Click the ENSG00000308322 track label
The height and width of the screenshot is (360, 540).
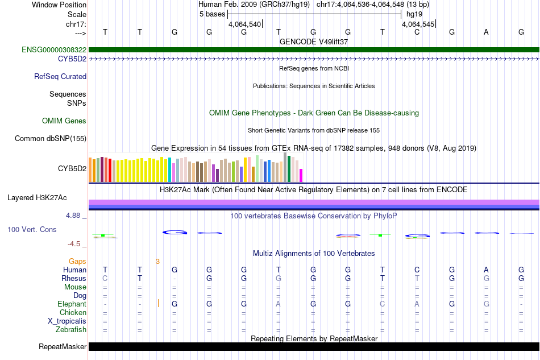coord(54,50)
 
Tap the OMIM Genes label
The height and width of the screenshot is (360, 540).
coord(64,121)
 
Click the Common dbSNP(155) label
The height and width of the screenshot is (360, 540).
coord(51,138)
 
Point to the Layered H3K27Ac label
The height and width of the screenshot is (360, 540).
coord(37,198)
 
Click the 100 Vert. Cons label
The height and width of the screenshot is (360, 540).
coord(32,229)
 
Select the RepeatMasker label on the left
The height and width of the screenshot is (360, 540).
coord(63,346)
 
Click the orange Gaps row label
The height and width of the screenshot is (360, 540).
coord(77,261)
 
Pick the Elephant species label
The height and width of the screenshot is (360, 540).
coord(72,304)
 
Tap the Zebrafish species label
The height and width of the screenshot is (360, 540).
coord(71,329)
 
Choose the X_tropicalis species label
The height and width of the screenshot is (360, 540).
coord(67,321)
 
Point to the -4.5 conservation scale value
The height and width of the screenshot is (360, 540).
coord(74,244)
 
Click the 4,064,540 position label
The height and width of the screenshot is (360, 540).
coord(244,24)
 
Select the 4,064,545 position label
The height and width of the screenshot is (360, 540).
coord(418,24)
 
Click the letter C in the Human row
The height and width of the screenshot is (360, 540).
coord(417,270)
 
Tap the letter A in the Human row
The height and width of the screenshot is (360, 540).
coord(486,270)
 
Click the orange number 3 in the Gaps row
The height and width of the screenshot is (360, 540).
coord(157,261)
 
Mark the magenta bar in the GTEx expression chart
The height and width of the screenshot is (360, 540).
coord(301,175)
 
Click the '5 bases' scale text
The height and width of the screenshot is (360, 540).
coord(212,14)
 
